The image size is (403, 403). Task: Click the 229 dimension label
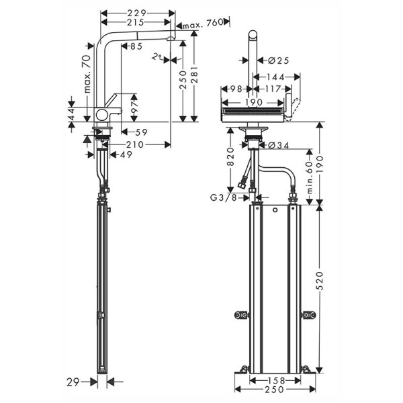tap(137, 13)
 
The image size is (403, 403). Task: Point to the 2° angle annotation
tap(156, 58)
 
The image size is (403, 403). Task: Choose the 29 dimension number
tap(75, 382)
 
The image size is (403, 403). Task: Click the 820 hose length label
tap(230, 160)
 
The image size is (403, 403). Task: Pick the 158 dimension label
tap(275, 381)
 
